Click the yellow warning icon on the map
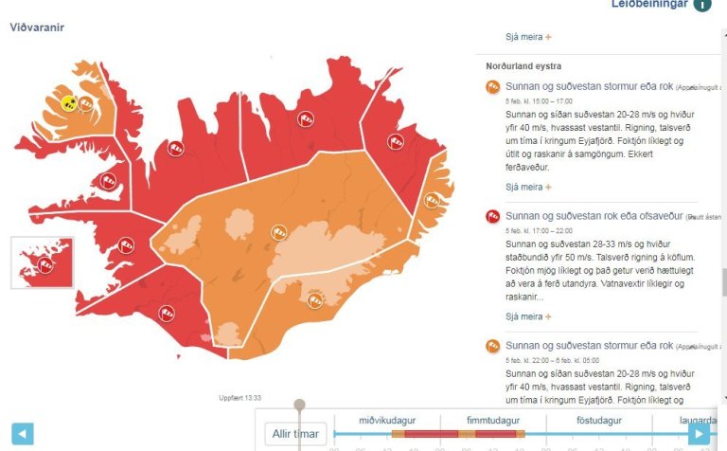point(69,102)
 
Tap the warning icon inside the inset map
point(44,266)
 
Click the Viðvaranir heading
point(37,27)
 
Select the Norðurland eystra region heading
point(523,66)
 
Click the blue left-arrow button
point(22,434)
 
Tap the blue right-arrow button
point(699,434)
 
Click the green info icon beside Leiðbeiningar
point(701,4)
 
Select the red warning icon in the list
point(492,217)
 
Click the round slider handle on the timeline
point(299,406)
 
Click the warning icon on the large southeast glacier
point(316,300)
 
